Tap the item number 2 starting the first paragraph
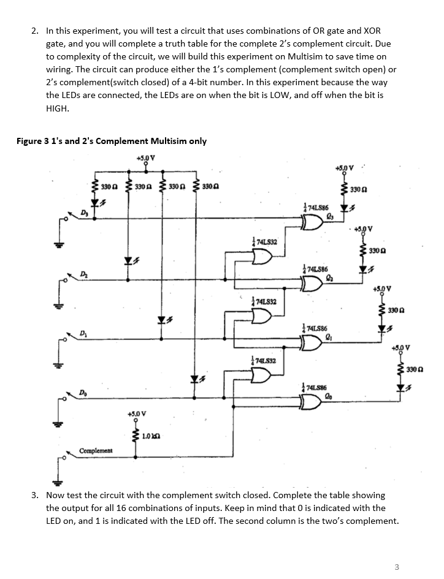tap(35, 31)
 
